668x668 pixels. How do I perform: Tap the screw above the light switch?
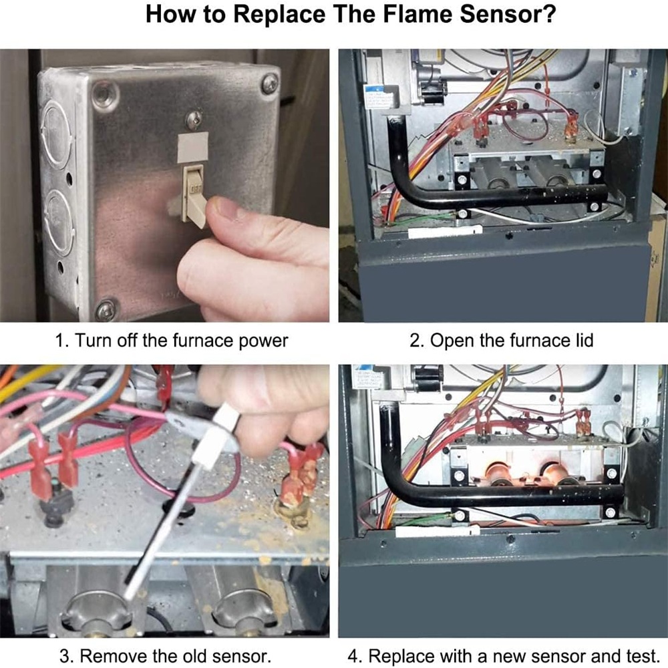click(x=194, y=120)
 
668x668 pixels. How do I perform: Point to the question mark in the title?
click(x=549, y=15)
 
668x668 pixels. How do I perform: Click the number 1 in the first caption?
click(x=59, y=341)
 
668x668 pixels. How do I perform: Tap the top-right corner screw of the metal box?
click(x=269, y=83)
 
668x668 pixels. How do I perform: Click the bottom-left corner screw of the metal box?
click(x=106, y=309)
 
